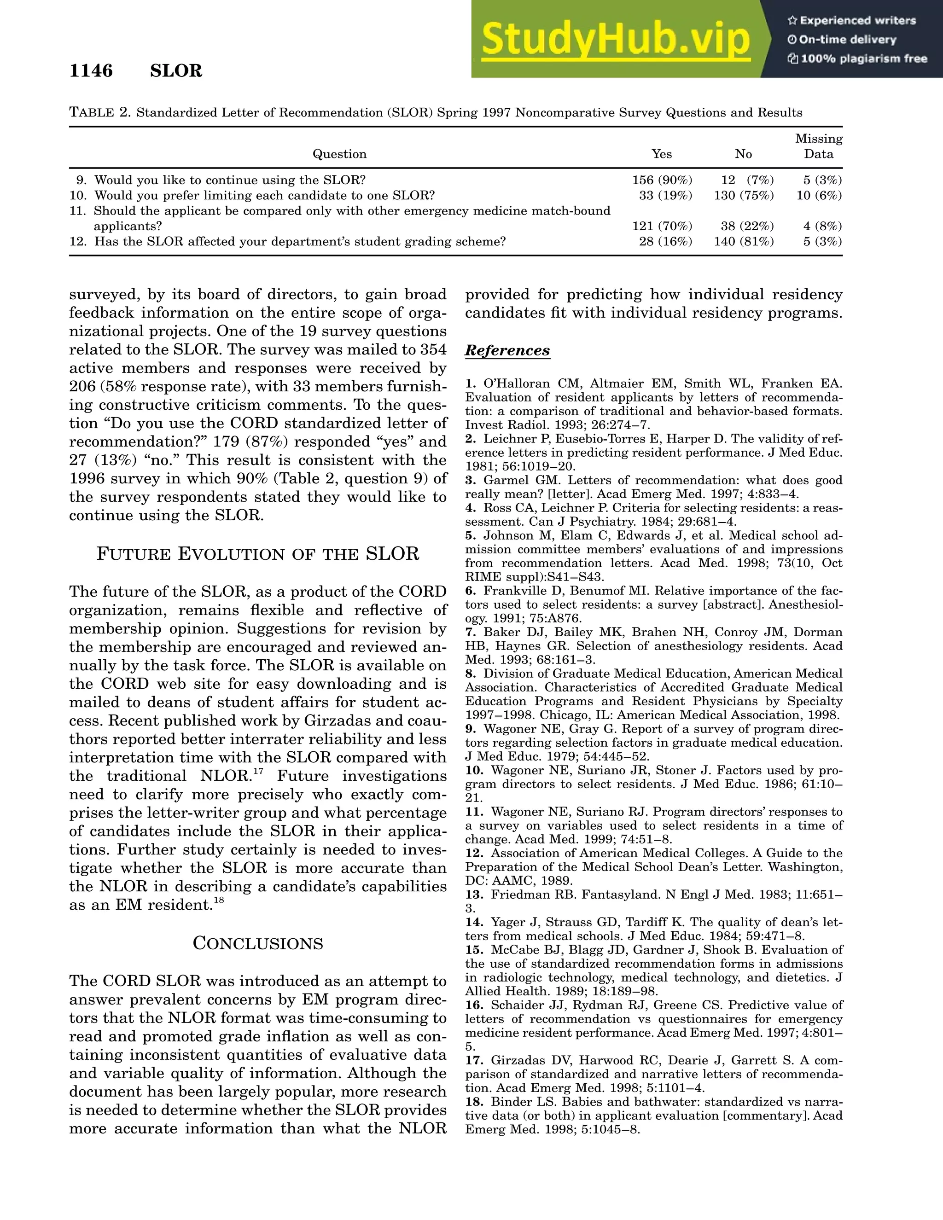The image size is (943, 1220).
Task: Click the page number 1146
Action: tap(91, 71)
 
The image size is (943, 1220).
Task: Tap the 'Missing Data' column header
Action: tap(818, 146)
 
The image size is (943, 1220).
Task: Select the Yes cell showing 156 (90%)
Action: tap(662, 180)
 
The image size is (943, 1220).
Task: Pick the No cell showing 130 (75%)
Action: tap(744, 196)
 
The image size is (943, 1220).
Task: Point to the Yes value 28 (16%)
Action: tap(665, 242)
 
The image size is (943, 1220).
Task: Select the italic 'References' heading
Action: tap(507, 351)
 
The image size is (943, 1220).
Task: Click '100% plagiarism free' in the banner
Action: tap(864, 58)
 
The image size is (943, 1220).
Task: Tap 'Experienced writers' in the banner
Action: tap(857, 21)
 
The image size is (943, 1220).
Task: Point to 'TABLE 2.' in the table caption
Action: tap(99, 113)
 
